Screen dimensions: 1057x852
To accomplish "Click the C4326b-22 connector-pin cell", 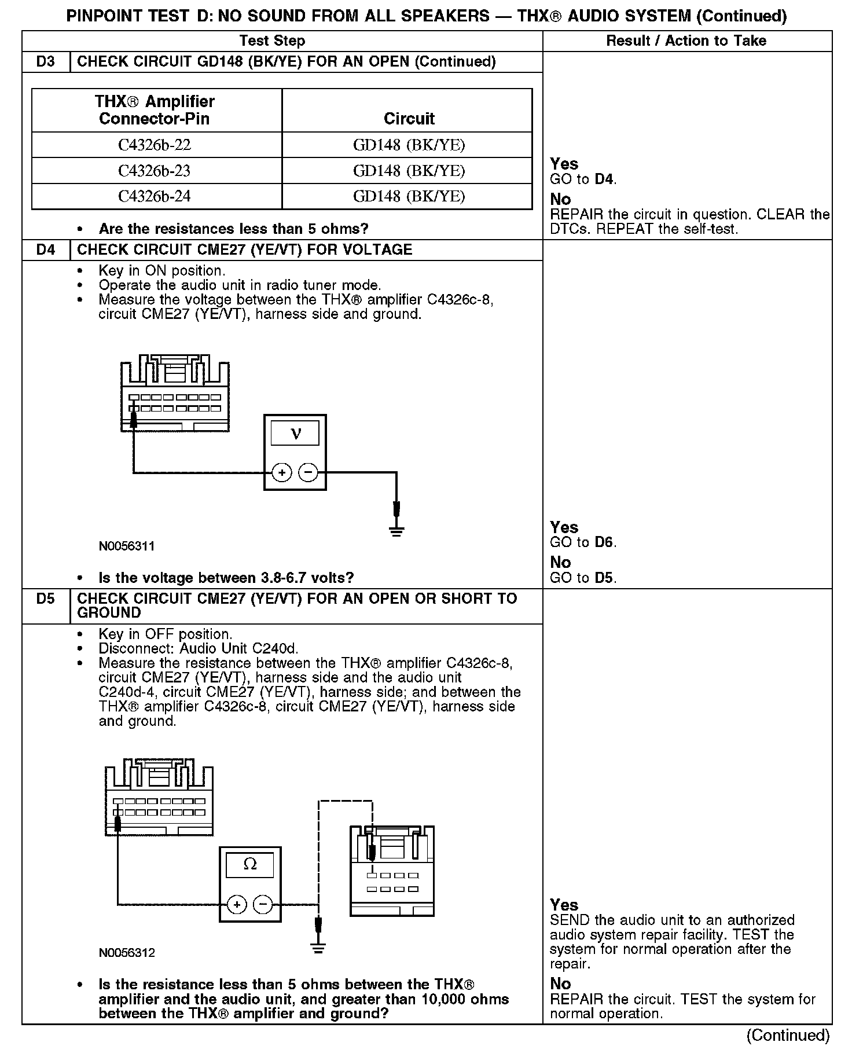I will tap(155, 145).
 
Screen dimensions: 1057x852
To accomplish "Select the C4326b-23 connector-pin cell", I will tap(155, 171).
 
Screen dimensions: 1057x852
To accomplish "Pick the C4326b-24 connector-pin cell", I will tap(155, 196).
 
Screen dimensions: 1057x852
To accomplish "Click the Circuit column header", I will tap(409, 119).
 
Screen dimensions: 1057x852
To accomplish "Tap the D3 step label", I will tap(45, 62).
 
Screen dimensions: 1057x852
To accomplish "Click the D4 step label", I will tap(45, 250).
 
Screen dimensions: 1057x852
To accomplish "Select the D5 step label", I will tap(45, 599).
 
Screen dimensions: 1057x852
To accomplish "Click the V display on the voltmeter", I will tap(295, 433).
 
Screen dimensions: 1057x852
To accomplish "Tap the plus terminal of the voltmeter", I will tap(282, 473).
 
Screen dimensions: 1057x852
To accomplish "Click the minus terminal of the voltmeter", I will tap(308, 473).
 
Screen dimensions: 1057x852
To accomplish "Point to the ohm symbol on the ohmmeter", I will tap(250, 865).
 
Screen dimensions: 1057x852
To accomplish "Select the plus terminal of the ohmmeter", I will tap(237, 904).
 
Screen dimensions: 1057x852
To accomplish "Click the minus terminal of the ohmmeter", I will tap(263, 904).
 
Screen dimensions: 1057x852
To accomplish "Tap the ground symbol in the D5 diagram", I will tap(318, 948).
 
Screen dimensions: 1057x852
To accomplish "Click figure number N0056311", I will tap(127, 546).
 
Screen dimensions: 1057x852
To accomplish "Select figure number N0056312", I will tap(127, 953).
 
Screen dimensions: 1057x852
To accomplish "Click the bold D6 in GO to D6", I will tap(604, 542).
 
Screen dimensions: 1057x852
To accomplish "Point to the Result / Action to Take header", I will tap(686, 41).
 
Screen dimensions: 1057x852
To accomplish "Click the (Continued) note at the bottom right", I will tap(788, 1035).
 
